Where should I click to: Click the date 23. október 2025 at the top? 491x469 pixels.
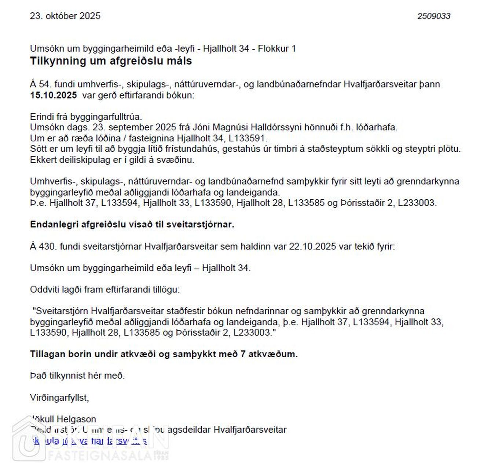65,16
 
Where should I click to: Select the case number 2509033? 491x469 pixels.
433,16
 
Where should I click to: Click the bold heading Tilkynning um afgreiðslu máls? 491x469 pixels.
111,61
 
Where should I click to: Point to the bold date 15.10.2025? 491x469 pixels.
54,95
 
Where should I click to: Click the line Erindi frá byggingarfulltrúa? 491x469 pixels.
86,117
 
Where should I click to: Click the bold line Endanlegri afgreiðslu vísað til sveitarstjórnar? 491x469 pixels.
132,225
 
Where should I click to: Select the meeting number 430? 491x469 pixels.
47,246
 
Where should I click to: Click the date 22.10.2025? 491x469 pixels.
312,246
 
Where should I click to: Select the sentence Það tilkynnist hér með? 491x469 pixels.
77,376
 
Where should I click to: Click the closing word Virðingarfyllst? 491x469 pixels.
59,398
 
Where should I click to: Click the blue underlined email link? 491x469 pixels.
90,441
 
